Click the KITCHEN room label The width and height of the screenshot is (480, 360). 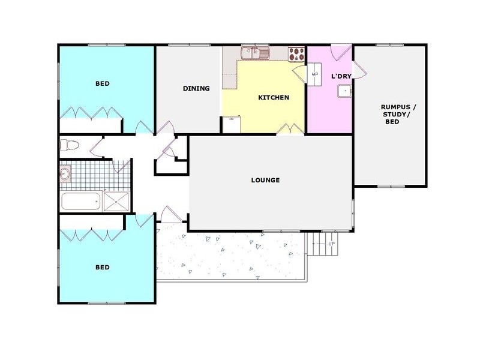(x=274, y=98)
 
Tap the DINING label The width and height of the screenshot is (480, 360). (x=196, y=89)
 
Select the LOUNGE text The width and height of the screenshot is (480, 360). (x=265, y=180)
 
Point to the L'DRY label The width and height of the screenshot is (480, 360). (x=341, y=76)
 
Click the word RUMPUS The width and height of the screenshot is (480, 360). (x=398, y=107)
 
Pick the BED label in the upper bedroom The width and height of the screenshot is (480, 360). (x=103, y=83)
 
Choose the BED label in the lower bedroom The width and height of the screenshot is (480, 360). (x=103, y=267)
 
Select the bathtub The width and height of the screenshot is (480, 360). (x=80, y=201)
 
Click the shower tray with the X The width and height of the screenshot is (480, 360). (x=116, y=201)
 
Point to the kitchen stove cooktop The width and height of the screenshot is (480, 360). (x=296, y=55)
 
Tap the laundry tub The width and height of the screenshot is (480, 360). (x=344, y=91)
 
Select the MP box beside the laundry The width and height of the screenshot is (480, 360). (x=315, y=74)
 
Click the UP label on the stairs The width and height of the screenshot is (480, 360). (x=331, y=244)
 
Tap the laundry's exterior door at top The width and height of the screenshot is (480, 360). (x=341, y=52)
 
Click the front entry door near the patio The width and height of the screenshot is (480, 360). (x=172, y=214)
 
